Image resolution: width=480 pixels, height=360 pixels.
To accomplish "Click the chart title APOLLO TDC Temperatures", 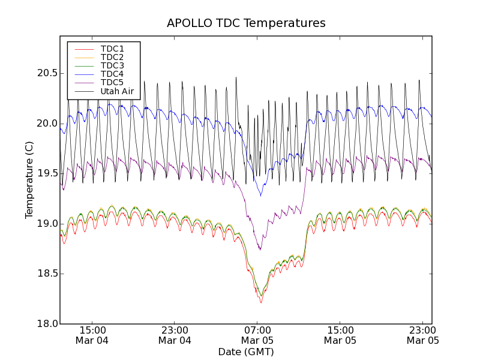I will point(246,23).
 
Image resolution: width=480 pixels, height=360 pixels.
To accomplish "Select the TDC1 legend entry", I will point(112,49).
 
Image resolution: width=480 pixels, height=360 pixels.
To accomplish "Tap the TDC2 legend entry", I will point(112,57).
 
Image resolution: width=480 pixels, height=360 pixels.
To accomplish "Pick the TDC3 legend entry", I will point(112,65).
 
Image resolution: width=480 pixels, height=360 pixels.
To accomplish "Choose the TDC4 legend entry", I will point(112,74).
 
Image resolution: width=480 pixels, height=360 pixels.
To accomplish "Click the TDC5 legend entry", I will point(112,82).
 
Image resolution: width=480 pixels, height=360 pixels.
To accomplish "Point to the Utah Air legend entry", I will point(117,91).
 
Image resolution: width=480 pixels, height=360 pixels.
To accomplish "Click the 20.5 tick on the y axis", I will point(46,73).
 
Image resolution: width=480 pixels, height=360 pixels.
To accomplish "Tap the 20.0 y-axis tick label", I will point(46,124).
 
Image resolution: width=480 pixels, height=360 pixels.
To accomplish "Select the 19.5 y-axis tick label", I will point(46,173).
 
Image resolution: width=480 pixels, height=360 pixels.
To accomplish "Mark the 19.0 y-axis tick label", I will point(46,224).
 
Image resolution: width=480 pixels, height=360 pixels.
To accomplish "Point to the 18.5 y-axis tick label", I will point(46,274).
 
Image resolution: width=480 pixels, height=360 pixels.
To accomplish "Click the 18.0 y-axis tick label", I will point(46,324).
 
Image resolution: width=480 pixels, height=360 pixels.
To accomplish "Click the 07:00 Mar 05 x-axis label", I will point(257,335).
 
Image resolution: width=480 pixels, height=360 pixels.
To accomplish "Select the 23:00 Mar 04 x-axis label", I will point(175,335).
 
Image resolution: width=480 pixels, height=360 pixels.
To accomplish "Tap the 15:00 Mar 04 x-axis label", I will point(92,335).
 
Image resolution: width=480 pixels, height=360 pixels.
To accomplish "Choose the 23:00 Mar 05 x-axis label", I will point(422,335).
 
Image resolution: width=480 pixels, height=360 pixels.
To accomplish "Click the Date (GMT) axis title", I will point(246,352).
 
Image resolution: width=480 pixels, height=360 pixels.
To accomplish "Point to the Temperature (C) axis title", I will point(29,180).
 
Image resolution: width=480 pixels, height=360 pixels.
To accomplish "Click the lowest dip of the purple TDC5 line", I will point(259,250).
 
